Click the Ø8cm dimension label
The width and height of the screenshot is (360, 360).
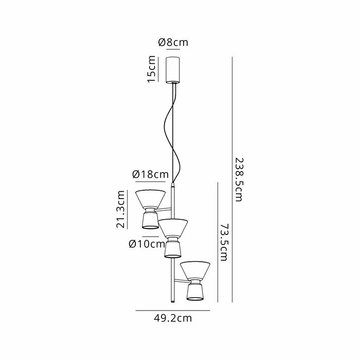click(x=173, y=43)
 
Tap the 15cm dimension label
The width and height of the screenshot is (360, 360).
click(x=152, y=69)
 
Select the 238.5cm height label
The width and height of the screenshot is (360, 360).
click(x=239, y=179)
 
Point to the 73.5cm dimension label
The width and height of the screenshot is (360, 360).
click(x=224, y=242)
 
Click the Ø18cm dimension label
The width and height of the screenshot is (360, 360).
click(x=150, y=174)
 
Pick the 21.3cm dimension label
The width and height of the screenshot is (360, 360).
click(x=120, y=209)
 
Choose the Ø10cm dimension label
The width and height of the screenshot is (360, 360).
click(x=147, y=244)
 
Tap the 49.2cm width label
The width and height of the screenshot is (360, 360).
click(x=173, y=318)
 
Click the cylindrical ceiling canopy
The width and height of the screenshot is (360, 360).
click(x=173, y=70)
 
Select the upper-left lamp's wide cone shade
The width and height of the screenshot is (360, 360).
click(x=150, y=199)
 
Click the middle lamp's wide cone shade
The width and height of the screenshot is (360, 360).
click(x=173, y=228)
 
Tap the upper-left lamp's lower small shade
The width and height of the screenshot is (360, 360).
click(x=150, y=221)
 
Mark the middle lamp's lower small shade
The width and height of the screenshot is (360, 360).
click(x=173, y=249)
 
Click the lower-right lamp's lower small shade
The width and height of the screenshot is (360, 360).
click(x=195, y=292)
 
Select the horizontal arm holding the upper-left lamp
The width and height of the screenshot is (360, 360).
click(x=163, y=209)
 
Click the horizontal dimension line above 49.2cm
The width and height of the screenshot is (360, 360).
click(x=173, y=311)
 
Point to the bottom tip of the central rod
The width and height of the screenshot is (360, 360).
click(x=173, y=302)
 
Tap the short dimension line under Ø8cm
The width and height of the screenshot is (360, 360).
click(x=173, y=49)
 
